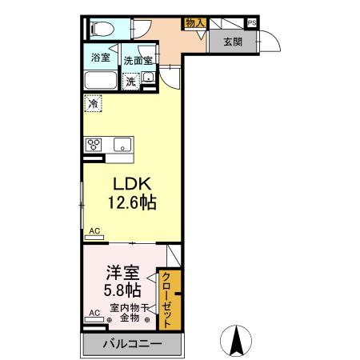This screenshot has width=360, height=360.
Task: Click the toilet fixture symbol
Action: (x=102, y=28)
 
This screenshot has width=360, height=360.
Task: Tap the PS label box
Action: (x=252, y=23)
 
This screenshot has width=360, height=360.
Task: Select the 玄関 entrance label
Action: (x=233, y=42)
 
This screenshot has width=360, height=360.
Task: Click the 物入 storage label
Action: (x=195, y=23)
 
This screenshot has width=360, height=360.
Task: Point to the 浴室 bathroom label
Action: (x=101, y=58)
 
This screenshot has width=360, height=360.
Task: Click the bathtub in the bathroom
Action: (x=101, y=80)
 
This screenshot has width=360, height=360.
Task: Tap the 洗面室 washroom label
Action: (x=138, y=61)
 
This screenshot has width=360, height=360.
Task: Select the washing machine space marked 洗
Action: (x=130, y=82)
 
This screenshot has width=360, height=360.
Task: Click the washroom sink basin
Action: (x=148, y=78)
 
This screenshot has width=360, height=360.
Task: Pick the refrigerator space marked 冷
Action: (x=93, y=103)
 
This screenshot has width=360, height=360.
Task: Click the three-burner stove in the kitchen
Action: (x=94, y=145)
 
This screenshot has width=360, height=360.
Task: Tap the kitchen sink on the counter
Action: (x=122, y=145)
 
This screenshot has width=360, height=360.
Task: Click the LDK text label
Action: (x=132, y=184)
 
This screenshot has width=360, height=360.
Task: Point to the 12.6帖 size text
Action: (x=132, y=202)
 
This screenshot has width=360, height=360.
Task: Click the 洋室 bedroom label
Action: (x=122, y=273)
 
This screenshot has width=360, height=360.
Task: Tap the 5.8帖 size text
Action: (x=122, y=290)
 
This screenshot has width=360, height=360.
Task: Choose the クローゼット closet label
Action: (x=166, y=300)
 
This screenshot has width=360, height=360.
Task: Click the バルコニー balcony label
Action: (x=132, y=343)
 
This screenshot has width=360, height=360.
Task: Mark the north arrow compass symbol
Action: (x=236, y=341)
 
